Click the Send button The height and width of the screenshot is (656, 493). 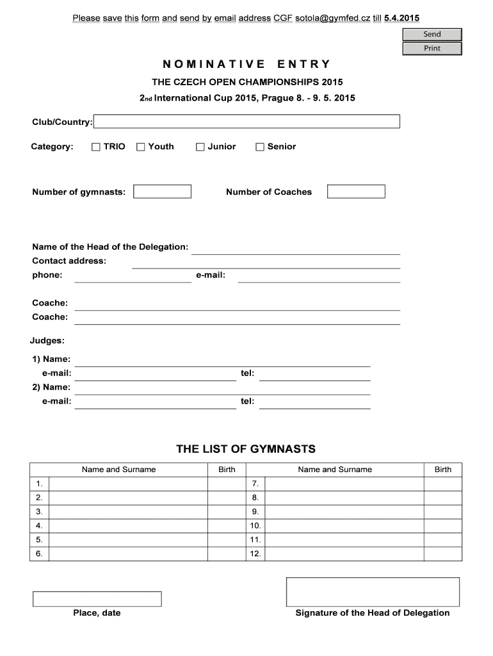coord(432,35)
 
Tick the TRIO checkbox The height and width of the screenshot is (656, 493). coord(96,147)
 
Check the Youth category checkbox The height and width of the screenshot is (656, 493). coord(141,147)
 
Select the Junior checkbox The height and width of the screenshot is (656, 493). coord(200,147)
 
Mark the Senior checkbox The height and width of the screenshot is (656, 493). coord(260,147)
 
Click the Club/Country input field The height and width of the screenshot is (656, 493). coord(247,122)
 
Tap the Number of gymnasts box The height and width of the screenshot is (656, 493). coord(162,192)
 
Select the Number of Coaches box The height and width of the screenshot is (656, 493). coord(356,192)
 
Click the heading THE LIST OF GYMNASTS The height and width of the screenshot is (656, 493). coord(246,450)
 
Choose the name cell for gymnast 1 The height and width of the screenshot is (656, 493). coord(129,484)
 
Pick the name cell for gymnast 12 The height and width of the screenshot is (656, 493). coord(344,553)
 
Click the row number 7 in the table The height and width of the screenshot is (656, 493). coord(255,484)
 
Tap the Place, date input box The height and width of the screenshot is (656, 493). coord(97,599)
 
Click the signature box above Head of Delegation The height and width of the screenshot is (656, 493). coord(372,591)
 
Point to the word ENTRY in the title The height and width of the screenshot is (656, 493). coord(304,64)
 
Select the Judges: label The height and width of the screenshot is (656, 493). coord(47,341)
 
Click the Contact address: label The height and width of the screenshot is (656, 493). coord(69,261)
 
